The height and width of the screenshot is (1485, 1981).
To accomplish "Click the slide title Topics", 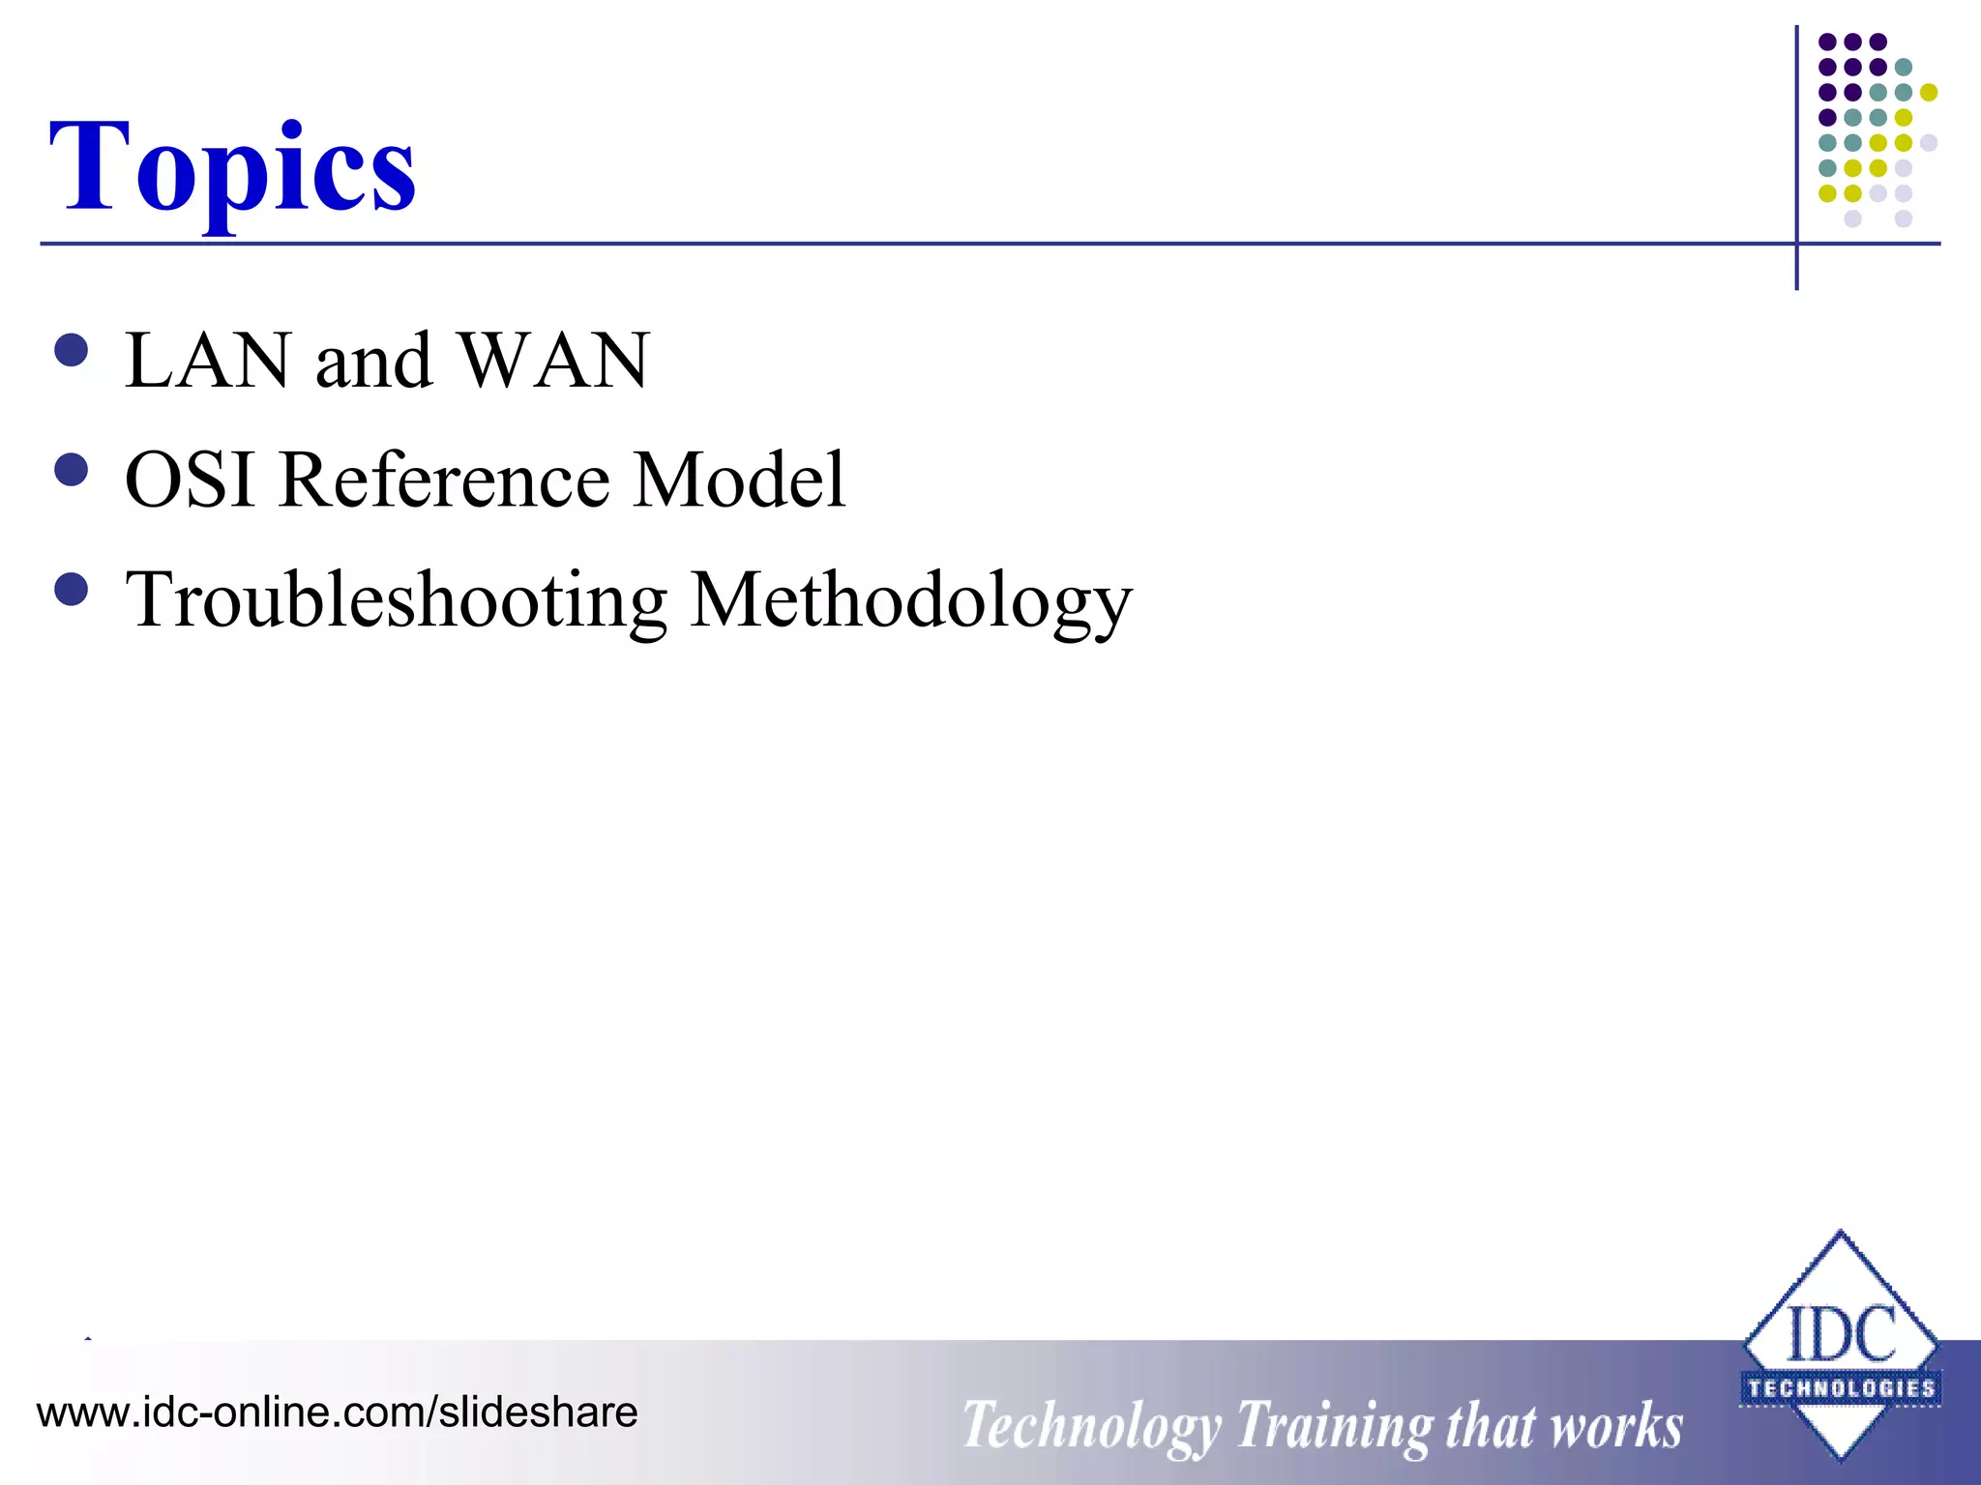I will coord(232,166).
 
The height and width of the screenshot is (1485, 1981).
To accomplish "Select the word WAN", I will coord(553,361).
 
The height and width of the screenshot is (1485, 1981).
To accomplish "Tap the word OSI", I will coord(190,480).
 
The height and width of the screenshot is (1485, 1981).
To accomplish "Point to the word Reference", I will coord(444,480).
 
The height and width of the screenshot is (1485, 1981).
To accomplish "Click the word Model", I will coord(740,480).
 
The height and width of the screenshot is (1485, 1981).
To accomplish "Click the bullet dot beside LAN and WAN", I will coord(72,350).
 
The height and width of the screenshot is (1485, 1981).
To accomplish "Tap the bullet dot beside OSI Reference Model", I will coord(72,470).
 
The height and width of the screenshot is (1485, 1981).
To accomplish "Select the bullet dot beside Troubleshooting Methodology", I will coord(72,589).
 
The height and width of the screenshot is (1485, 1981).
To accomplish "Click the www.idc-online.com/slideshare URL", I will coord(337,1412).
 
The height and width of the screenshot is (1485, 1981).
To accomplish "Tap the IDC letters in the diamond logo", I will coord(1841,1334).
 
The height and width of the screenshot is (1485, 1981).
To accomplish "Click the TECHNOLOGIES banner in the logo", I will coord(1841,1388).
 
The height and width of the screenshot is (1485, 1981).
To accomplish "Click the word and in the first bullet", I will coord(373,361).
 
